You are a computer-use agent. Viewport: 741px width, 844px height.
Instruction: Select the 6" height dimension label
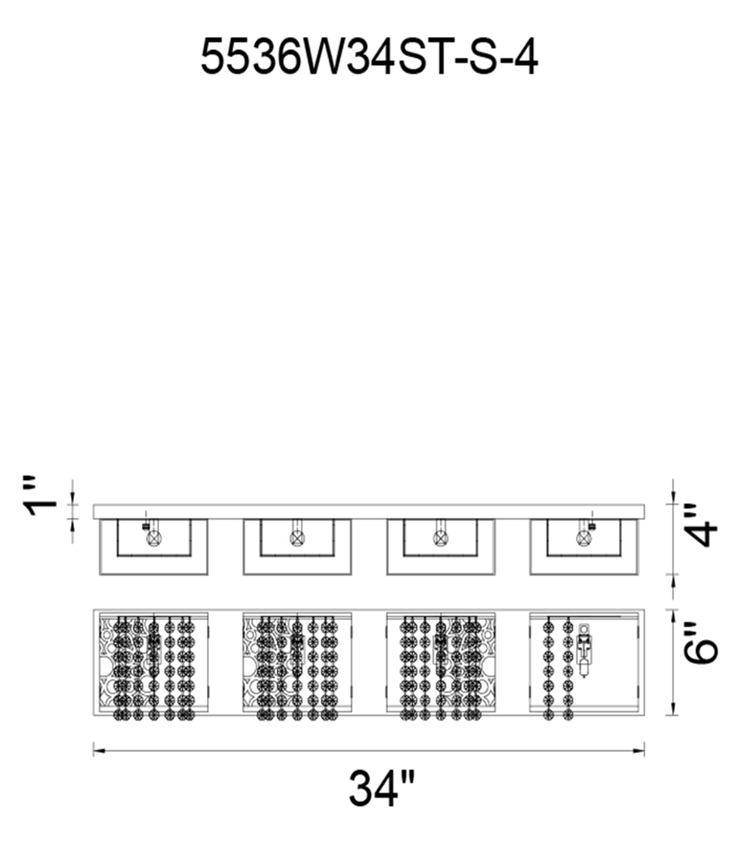700,643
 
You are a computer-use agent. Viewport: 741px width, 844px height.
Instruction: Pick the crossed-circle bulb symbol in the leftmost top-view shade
154,538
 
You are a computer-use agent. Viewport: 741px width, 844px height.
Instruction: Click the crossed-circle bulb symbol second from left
297,538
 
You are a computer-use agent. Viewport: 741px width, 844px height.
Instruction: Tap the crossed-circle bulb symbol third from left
440,537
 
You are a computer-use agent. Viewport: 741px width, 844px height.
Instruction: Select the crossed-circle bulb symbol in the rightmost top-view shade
583,538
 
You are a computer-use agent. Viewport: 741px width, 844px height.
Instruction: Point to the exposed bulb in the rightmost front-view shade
584,650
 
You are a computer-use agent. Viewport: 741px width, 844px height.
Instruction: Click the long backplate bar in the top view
368,512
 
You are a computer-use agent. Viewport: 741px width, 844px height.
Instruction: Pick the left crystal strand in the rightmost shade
549,668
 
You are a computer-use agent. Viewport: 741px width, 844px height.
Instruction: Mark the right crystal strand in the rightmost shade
567,668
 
